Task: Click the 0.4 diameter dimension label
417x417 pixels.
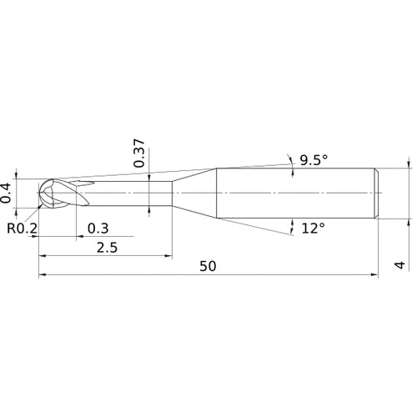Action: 7,193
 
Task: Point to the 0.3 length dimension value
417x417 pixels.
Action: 98,228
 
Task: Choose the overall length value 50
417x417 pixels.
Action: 208,267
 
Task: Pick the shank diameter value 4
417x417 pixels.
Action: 400,264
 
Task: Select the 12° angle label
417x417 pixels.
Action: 312,228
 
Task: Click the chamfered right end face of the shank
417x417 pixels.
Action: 378,193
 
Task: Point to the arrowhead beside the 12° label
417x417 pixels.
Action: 293,225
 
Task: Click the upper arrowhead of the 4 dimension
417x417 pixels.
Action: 409,166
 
